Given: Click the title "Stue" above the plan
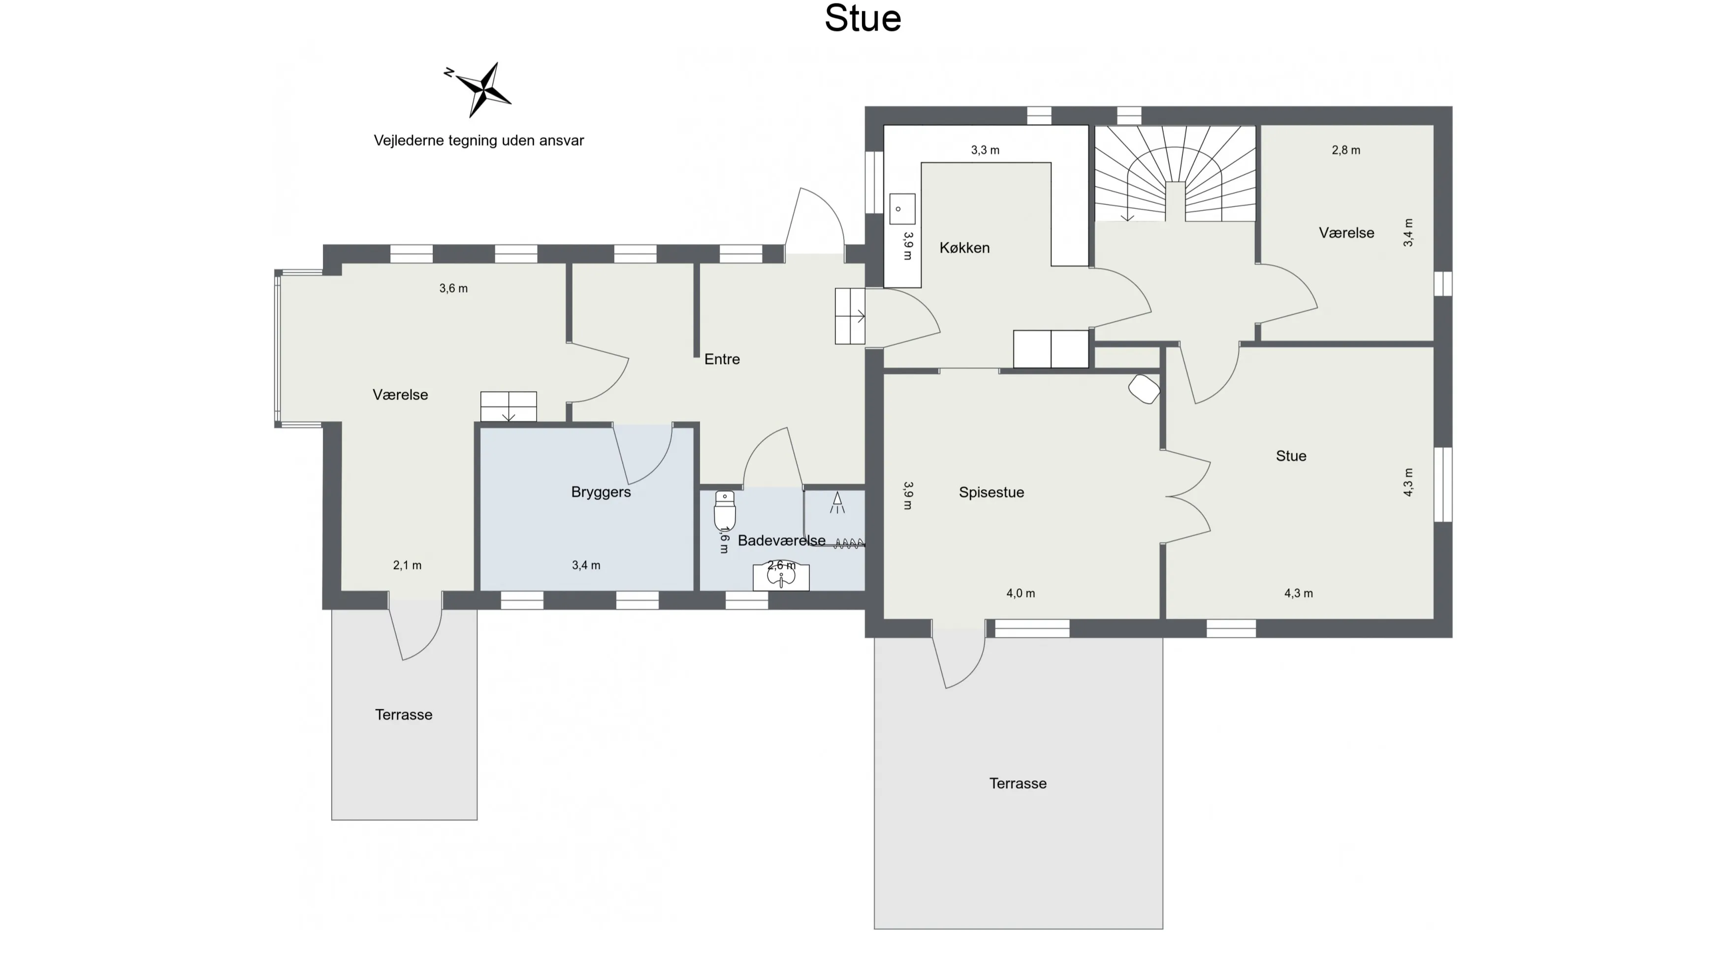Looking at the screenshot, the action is coord(862,18).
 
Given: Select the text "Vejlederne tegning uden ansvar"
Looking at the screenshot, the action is coord(479,141).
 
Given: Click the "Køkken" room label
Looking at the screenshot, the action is coord(964,248).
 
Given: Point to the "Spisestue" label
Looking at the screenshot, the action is coord(991,493).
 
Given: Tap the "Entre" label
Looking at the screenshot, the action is coord(722,359).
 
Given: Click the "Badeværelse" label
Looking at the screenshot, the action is coord(781,541).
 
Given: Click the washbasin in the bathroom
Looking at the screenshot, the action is coord(781,577).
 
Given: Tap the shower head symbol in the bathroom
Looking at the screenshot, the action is coord(837,502).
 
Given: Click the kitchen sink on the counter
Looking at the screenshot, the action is coord(902,208).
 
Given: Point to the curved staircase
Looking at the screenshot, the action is coord(1175,173).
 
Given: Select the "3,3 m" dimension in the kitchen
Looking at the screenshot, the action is coord(985,151).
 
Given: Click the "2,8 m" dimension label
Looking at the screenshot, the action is coord(1346,151).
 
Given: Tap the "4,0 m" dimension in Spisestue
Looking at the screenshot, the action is coord(1021,594).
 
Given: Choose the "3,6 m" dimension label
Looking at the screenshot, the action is coord(453,289).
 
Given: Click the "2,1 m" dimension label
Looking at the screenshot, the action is coord(407,566).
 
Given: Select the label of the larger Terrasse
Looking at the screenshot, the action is coord(1018,783).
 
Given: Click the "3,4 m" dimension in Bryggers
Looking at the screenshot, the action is coord(586,566).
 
